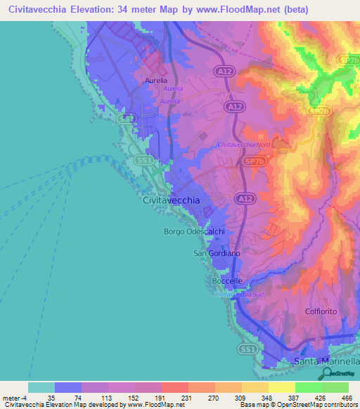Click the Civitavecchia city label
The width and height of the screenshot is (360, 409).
[171, 200]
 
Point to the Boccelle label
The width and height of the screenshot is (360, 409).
[227, 281]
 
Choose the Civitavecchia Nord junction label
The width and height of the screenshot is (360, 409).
[243, 145]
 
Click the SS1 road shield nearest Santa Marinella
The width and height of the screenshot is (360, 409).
[246, 349]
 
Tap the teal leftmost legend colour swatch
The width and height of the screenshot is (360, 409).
[41, 387]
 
